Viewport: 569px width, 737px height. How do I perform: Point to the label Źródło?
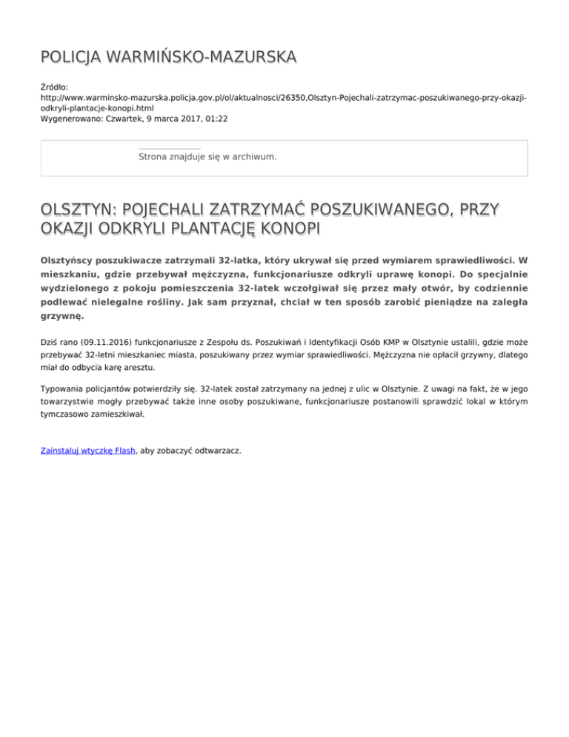[x=56, y=87]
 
